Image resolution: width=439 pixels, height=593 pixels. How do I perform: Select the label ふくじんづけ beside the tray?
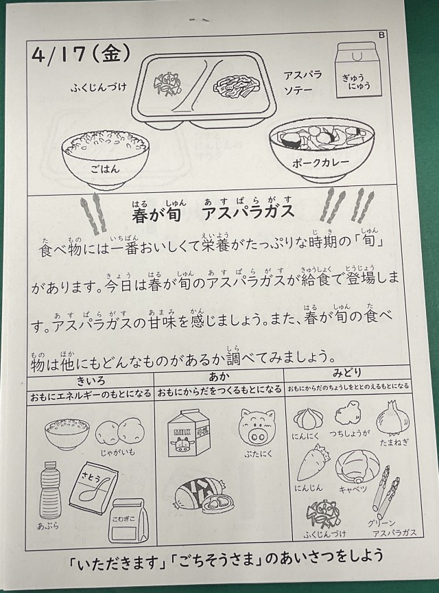pyautogui.click(x=98, y=88)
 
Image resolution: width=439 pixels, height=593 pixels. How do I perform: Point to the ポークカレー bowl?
pyautogui.click(x=322, y=150)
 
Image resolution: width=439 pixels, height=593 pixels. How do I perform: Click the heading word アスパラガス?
pyautogui.click(x=248, y=211)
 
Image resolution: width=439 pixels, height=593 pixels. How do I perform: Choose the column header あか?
pyautogui.click(x=219, y=377)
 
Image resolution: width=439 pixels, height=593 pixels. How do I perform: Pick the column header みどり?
pyautogui.click(x=347, y=373)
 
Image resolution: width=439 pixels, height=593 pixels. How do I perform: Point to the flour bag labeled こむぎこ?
pyautogui.click(x=127, y=520)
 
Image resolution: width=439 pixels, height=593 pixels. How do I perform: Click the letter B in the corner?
pyautogui.click(x=381, y=35)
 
